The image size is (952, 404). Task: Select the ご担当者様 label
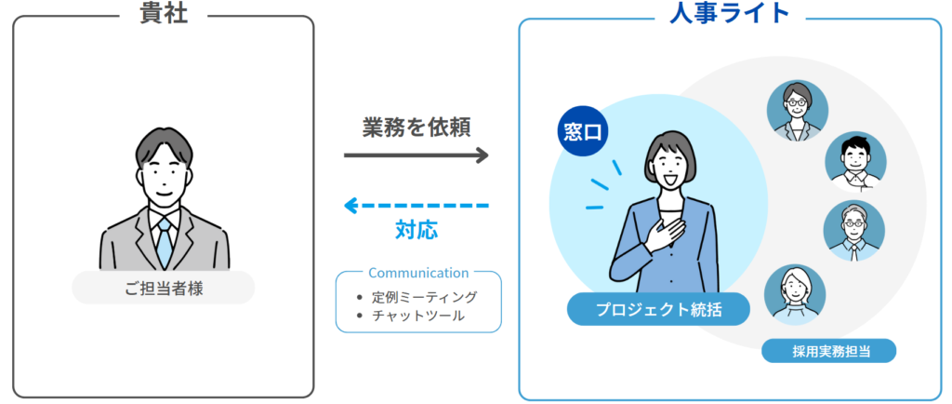[x=164, y=289]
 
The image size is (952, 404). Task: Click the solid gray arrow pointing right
[x=416, y=155]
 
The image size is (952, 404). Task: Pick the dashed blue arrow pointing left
[x=416, y=206]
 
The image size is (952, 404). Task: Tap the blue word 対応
[x=416, y=231]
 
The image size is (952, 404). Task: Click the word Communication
[x=418, y=273]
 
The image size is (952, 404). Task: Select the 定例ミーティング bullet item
[x=416, y=298]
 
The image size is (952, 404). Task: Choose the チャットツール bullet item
[x=410, y=316]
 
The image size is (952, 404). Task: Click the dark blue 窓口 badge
[x=582, y=132]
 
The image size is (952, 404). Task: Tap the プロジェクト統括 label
[x=659, y=309]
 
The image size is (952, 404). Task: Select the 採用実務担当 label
[x=828, y=351]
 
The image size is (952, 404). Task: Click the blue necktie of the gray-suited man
[x=164, y=243]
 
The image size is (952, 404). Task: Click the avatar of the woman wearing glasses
[x=797, y=111]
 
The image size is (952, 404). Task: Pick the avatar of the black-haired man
[x=855, y=162]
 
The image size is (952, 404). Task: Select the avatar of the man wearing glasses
[x=854, y=231]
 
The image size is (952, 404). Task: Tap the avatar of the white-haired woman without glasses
[x=795, y=295]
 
